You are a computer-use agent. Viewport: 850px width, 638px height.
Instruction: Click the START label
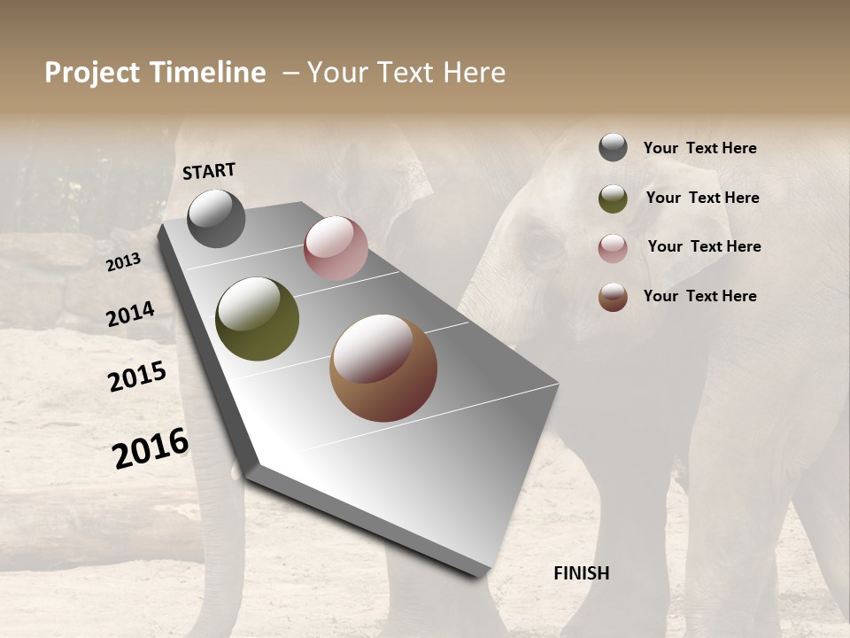[209, 171]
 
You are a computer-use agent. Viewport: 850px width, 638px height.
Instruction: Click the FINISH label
[581, 573]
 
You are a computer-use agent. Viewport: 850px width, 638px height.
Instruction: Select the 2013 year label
[123, 262]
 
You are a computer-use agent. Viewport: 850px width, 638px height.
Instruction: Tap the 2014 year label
[130, 315]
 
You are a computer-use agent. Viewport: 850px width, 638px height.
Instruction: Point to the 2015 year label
[137, 377]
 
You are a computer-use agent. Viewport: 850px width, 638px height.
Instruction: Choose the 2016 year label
[151, 447]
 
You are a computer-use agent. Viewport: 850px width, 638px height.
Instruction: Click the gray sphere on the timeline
[216, 218]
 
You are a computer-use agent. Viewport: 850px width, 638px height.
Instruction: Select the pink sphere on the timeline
[336, 248]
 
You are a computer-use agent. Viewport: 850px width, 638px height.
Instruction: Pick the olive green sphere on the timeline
[257, 319]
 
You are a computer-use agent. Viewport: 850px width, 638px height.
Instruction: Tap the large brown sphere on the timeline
[383, 368]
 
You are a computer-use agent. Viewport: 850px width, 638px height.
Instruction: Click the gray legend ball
[613, 147]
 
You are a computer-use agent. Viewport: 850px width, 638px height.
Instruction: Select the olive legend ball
[613, 198]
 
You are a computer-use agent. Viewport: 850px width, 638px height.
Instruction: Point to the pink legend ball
[613, 248]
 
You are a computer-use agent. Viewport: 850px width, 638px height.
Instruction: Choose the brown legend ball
[613, 297]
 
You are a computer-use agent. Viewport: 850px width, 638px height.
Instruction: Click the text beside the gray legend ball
[699, 149]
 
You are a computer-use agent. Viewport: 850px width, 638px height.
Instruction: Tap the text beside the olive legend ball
[702, 198]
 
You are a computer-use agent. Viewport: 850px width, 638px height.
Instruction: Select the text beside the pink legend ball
[704, 246]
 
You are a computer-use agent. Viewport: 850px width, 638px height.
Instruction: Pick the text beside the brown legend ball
[699, 296]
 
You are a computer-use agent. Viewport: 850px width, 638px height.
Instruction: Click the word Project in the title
[92, 73]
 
